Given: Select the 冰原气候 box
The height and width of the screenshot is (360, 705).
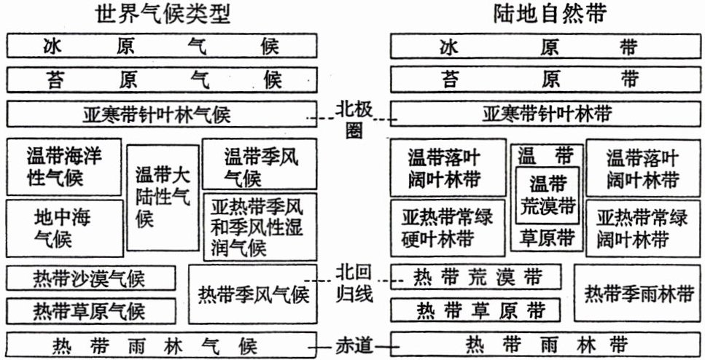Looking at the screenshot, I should [161, 47].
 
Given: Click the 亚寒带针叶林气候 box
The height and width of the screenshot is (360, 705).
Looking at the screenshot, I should [161, 114].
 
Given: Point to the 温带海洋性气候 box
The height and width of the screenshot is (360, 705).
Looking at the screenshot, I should [63, 167].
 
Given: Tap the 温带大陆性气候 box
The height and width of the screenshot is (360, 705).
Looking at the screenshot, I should [163, 197].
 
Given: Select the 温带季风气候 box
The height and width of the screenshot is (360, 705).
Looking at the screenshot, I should [260, 167].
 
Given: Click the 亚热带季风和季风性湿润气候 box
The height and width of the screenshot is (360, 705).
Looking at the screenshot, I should [260, 227].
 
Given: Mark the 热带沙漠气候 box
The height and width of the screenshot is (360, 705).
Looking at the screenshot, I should [90, 278].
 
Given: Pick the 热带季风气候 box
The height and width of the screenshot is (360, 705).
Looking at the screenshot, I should [253, 294].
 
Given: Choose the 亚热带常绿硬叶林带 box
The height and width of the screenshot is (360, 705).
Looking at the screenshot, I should [448, 227].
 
